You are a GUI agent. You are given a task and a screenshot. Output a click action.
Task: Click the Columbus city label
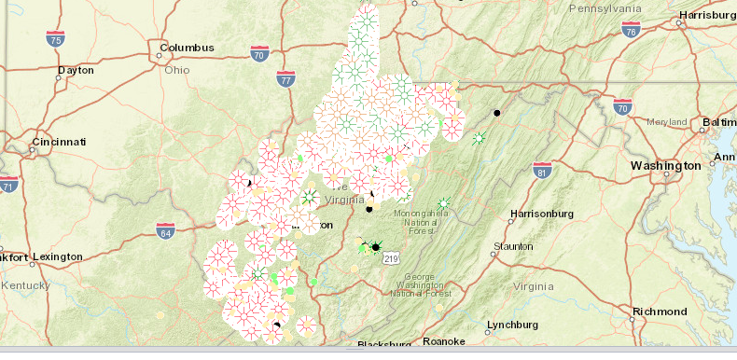187,48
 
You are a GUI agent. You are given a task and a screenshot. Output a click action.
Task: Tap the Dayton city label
76,70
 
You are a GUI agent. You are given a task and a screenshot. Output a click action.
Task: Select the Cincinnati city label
59,142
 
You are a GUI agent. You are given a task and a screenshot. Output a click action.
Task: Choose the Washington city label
665,165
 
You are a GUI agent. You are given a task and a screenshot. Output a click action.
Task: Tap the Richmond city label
659,311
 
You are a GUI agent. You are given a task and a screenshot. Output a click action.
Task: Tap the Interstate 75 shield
56,39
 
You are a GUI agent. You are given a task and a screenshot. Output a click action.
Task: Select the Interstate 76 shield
632,30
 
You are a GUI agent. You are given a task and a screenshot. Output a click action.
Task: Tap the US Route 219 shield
392,258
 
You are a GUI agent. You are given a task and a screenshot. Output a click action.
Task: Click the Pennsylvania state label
606,7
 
